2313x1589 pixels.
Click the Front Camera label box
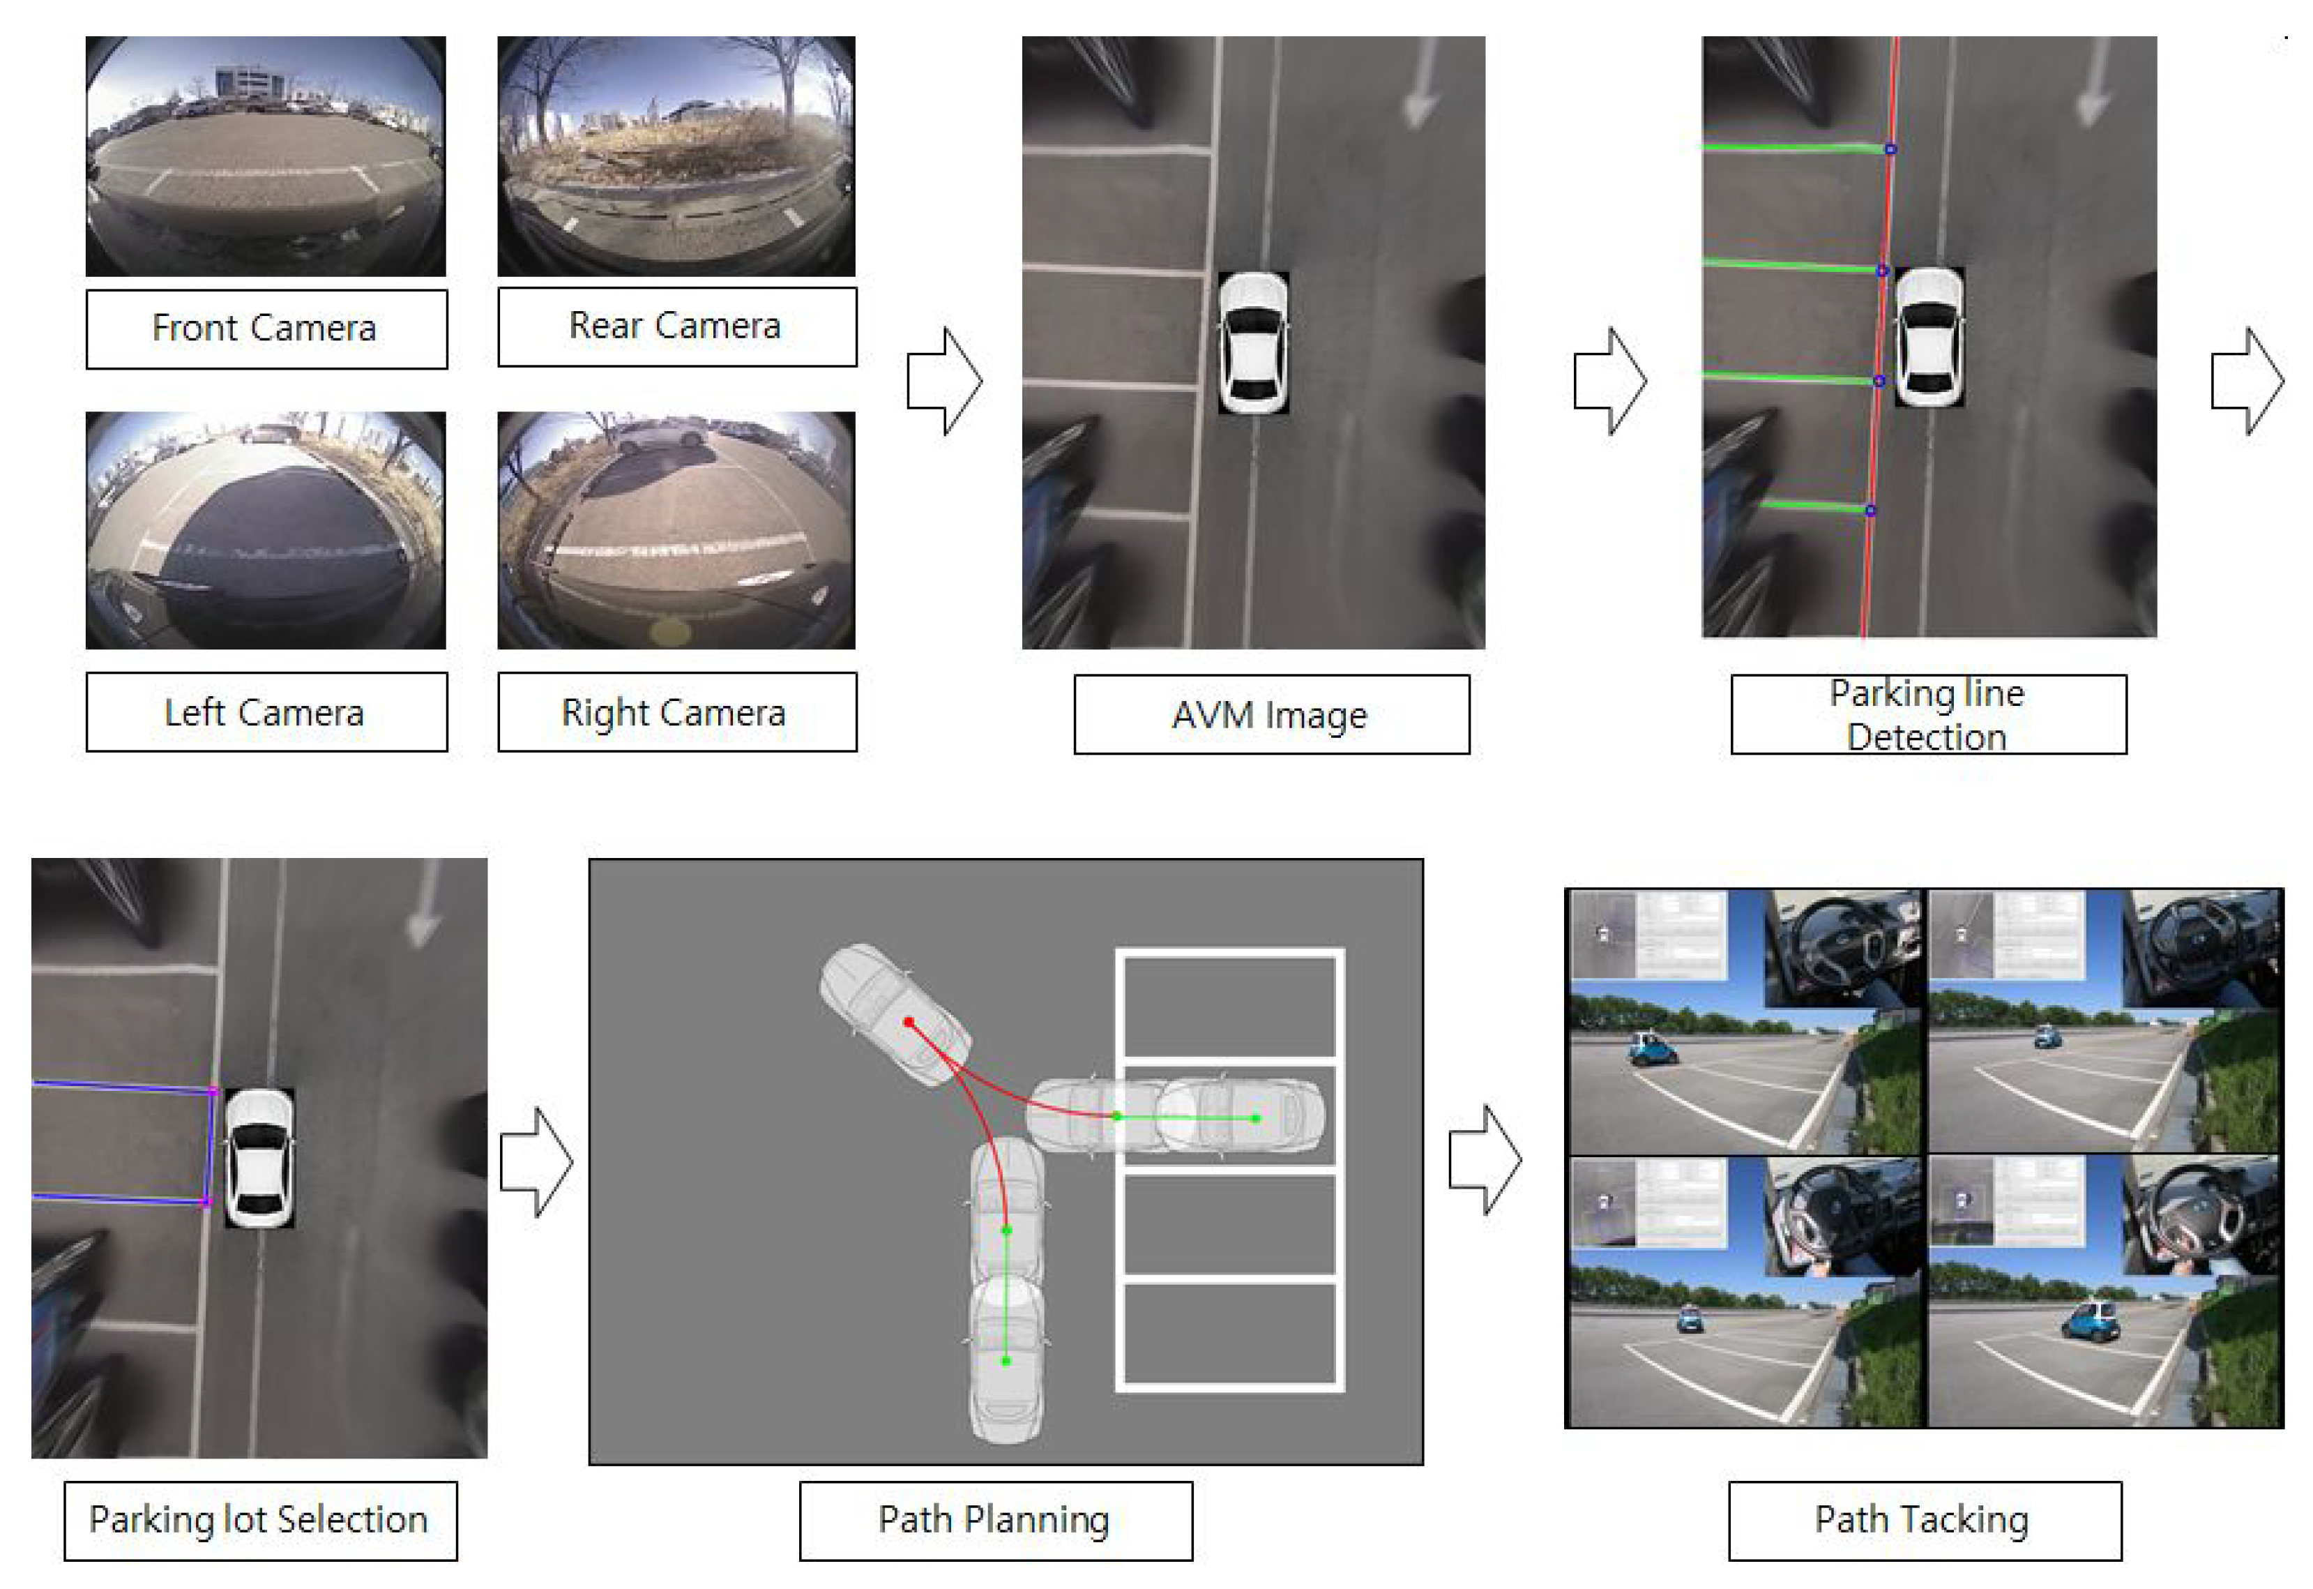(x=267, y=329)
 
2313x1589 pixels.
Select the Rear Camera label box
(x=677, y=326)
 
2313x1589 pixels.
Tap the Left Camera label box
(x=267, y=712)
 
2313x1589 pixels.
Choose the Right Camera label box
(x=677, y=712)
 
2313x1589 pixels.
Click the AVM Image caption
(x=1271, y=715)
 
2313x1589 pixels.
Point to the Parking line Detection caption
(x=1928, y=715)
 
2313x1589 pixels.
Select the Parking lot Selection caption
(x=261, y=1521)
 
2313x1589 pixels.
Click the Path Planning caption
(x=995, y=1521)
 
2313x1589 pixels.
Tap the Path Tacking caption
(x=1924, y=1521)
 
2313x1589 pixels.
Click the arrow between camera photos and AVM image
(x=944, y=382)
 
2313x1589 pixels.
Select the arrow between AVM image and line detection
(x=1609, y=382)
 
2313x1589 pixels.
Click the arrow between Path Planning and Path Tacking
(x=1485, y=1160)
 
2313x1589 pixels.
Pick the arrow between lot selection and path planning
(x=536, y=1162)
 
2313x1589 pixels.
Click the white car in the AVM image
(x=1253, y=342)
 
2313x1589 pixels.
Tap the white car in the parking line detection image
(x=1929, y=336)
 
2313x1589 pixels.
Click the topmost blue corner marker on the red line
(x=1890, y=149)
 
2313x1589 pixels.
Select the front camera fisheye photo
(x=266, y=156)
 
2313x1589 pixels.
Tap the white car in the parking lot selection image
(x=259, y=1157)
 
